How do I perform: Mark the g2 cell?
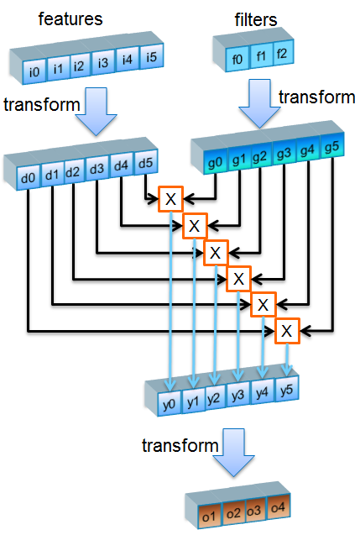tap(259, 156)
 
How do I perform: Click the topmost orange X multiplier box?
tap(170, 200)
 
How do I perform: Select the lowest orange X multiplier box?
tap(287, 331)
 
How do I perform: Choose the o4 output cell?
tap(278, 506)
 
